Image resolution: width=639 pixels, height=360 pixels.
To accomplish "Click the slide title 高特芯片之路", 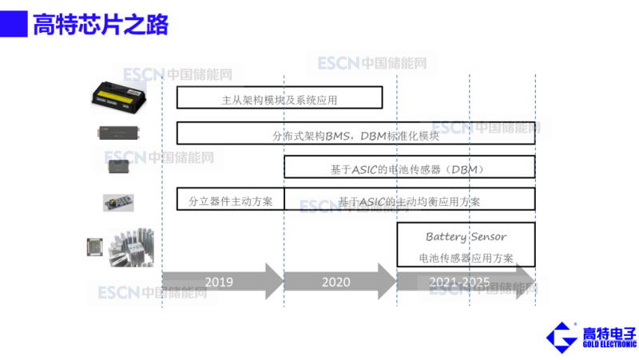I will tap(101, 25).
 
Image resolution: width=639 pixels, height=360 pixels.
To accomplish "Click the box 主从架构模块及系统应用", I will tap(279, 98).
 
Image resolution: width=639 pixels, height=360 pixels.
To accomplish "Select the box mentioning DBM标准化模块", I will tap(355, 133).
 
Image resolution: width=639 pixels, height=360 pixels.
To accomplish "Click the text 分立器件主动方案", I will tap(230, 200).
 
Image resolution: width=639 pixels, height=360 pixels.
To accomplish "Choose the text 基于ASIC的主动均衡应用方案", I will tap(409, 200).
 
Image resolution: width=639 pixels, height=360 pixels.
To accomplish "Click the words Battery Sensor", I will tap(466, 237).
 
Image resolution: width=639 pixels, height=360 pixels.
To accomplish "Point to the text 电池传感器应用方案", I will tap(466, 258).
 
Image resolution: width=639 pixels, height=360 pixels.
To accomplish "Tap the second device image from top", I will tap(121, 133).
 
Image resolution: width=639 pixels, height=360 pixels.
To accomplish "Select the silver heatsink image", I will tap(131, 247).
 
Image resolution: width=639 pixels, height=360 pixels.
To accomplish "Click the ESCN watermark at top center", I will tap(371, 63).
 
